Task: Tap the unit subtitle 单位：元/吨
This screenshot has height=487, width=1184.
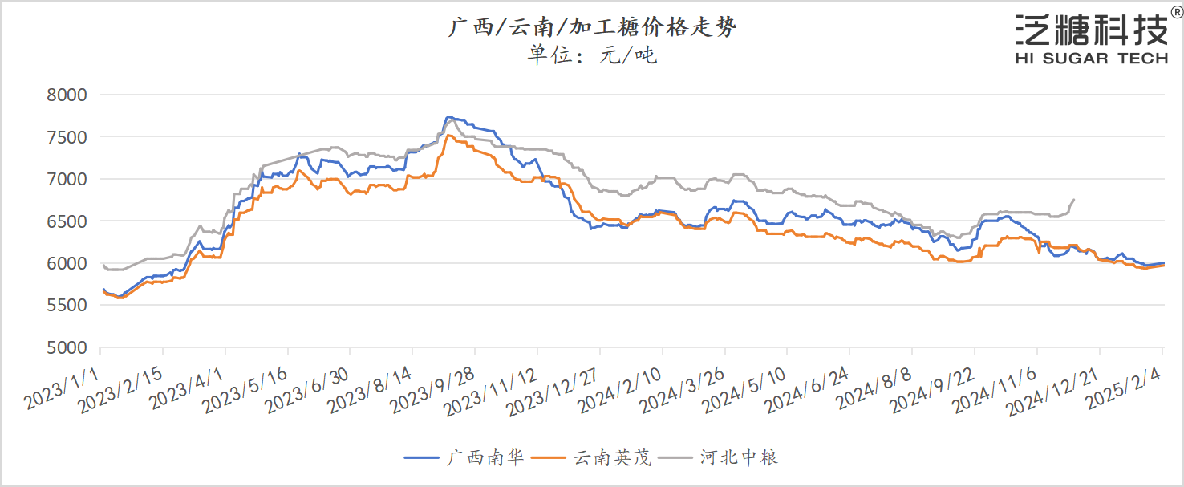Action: pyautogui.click(x=592, y=55)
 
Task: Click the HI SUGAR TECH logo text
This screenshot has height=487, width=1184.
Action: pyautogui.click(x=1091, y=58)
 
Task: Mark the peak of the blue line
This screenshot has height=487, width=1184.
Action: pyautogui.click(x=448, y=116)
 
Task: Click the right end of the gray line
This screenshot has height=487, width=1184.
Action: pyautogui.click(x=1074, y=199)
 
